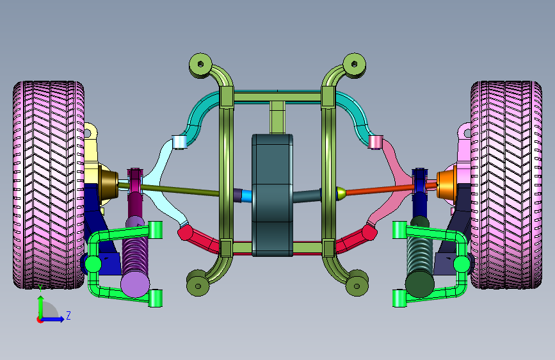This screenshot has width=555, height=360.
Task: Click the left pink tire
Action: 49,185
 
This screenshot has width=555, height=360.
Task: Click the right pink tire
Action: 506,185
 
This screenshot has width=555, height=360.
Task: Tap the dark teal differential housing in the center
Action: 272,195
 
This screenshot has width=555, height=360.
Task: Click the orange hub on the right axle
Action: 446,185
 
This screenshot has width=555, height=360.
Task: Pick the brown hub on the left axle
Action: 108,185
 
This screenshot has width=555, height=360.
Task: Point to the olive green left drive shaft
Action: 170,189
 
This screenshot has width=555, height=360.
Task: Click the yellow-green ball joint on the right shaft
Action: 341,193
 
